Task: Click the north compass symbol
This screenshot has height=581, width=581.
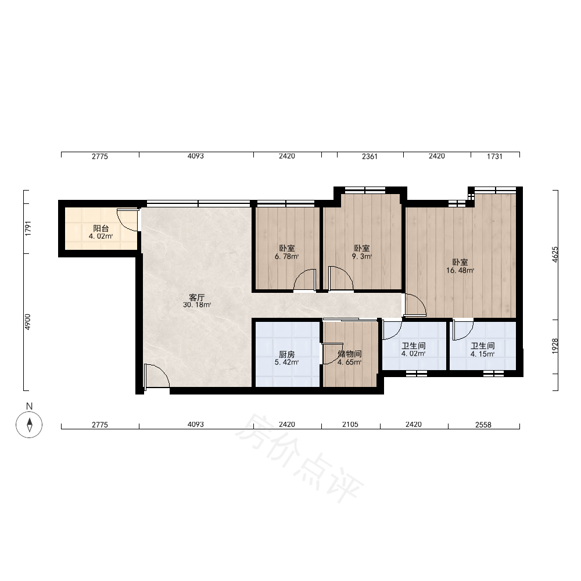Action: [29, 424]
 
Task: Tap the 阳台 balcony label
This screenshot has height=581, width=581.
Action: [101, 228]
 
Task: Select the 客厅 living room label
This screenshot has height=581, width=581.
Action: [197, 297]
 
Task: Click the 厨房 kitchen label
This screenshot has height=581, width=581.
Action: [287, 354]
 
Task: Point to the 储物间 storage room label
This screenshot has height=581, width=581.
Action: [349, 354]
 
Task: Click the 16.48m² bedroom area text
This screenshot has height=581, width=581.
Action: [460, 271]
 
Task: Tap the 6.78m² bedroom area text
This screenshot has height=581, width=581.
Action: [287, 256]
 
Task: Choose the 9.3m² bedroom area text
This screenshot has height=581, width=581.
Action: [361, 256]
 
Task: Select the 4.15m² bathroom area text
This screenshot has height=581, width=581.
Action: [482, 354]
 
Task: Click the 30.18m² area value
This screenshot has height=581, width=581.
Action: [197, 305]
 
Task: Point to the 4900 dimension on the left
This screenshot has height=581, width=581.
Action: [28, 322]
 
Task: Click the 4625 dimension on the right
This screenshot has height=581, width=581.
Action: [555, 254]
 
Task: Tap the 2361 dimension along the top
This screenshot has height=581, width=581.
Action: [370, 156]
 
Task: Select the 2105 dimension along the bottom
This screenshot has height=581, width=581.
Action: [350, 424]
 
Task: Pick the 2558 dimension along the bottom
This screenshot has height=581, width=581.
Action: [483, 425]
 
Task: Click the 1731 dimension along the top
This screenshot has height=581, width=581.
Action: [494, 156]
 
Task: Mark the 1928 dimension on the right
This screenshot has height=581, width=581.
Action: [555, 346]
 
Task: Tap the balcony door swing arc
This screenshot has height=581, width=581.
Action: [127, 220]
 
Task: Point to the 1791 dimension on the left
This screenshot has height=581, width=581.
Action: [28, 228]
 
